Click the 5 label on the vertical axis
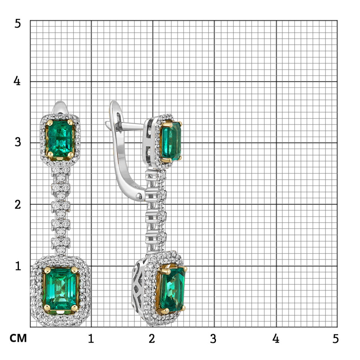pos(17,24)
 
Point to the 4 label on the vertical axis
pos(17,81)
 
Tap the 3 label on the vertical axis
pos(18,142)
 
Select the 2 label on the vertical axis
pos(18,204)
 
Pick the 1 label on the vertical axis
pos(18,266)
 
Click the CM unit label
pos(18,338)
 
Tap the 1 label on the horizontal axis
pos(91,338)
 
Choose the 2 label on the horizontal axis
pos(152,338)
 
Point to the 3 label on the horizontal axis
pos(213,338)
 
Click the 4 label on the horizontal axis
pos(276,338)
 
